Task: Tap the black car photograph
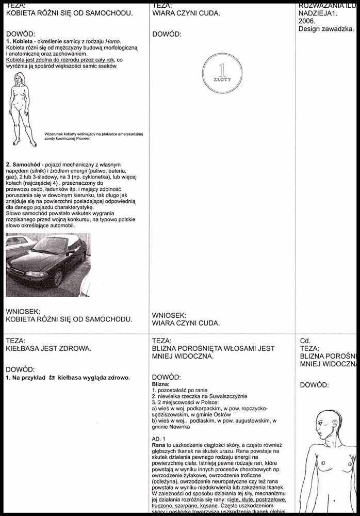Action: (48, 264)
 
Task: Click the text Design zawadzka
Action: (326, 29)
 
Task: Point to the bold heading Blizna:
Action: (161, 384)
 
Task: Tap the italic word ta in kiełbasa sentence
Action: (52, 377)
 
